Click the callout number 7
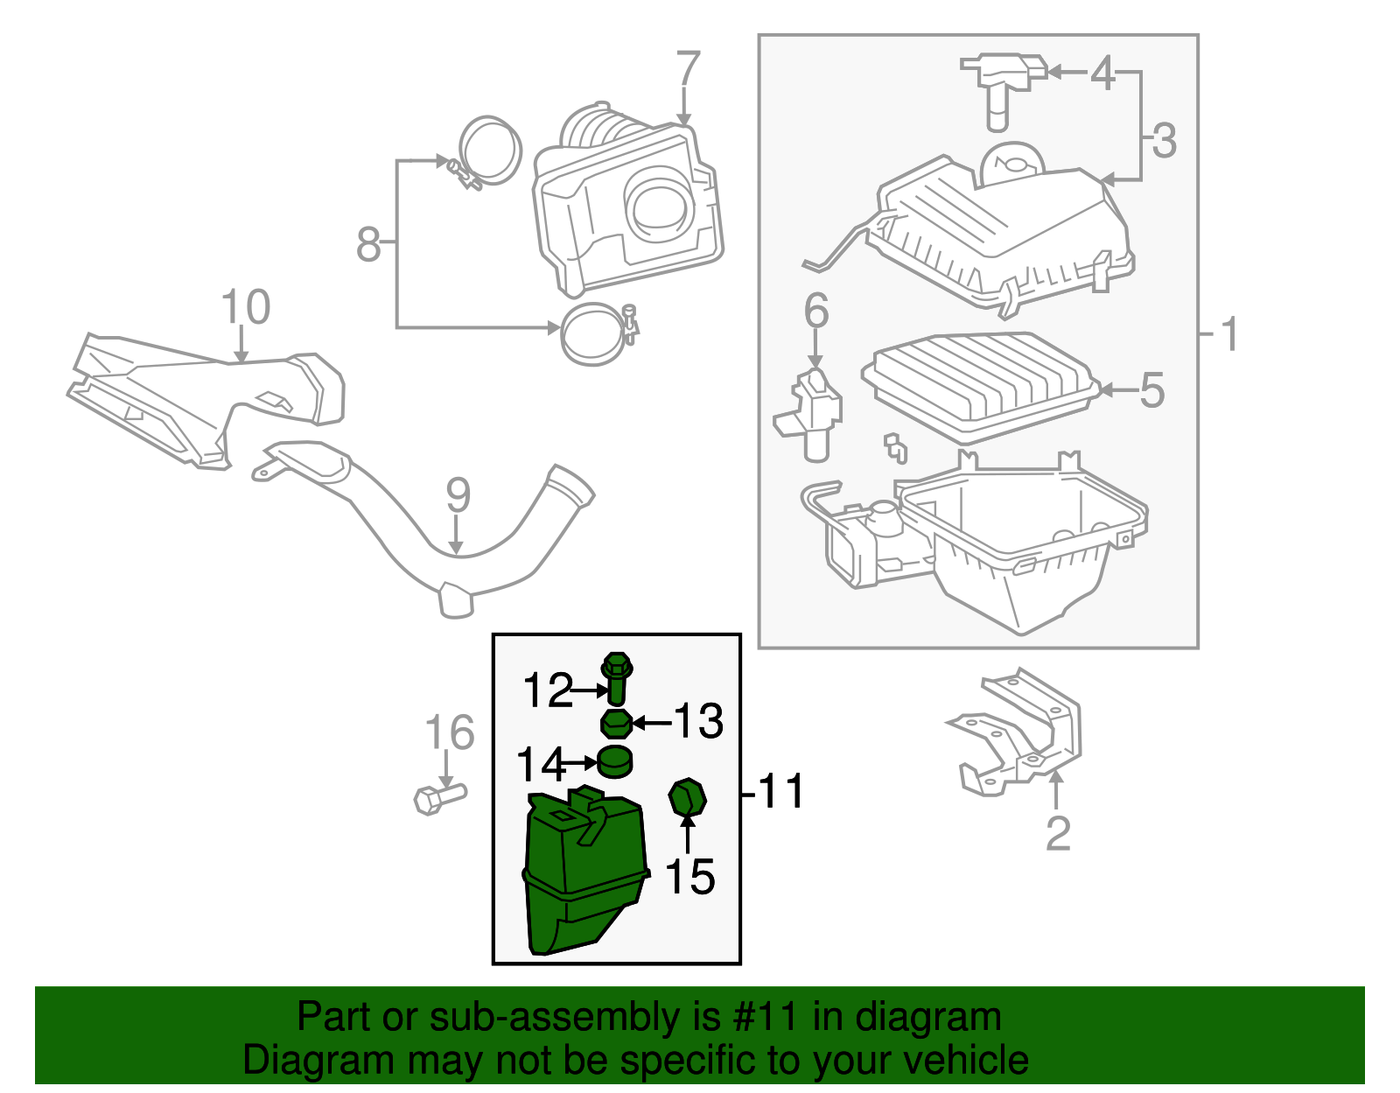[x=689, y=69]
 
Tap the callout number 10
[x=245, y=307]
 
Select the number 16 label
[x=449, y=732]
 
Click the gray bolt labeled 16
[x=437, y=797]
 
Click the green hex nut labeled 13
[x=616, y=724]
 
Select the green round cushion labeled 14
[x=615, y=761]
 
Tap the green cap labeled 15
[x=687, y=797]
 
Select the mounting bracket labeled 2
[x=1019, y=735]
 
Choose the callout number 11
[x=780, y=792]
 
